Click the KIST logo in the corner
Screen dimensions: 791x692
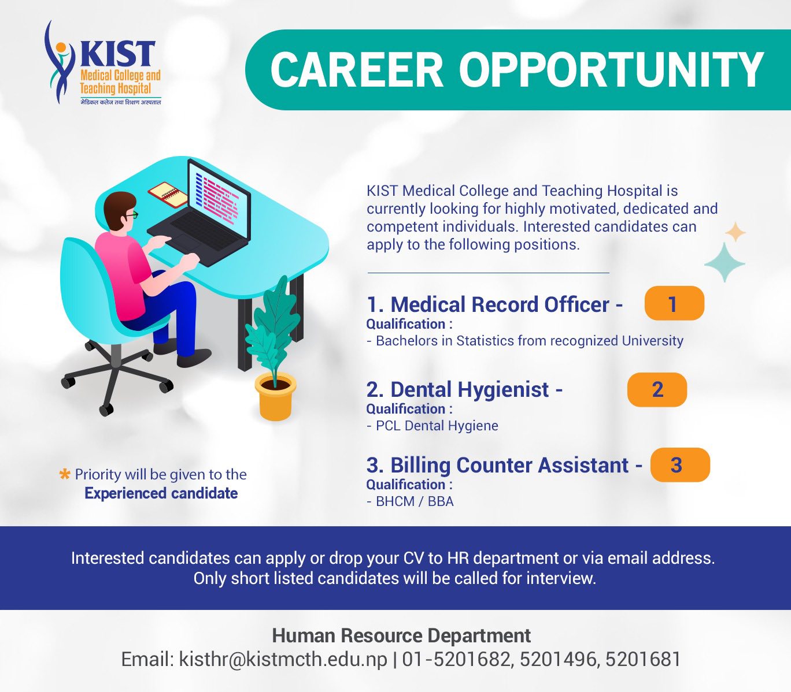coord(103,63)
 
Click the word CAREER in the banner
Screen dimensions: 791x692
coord(357,70)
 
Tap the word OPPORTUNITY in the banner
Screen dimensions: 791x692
coord(611,70)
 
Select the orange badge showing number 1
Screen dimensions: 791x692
coord(674,303)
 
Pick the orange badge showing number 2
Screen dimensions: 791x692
coord(657,389)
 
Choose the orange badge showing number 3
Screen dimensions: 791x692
coord(680,464)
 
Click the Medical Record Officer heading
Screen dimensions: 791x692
coord(495,304)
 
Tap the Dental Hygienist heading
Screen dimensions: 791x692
coord(464,390)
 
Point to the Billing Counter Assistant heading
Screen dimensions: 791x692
coord(505,465)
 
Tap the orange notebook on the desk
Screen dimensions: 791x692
coord(168,193)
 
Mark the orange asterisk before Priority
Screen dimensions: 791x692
coord(65,474)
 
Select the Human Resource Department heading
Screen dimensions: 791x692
coord(401,635)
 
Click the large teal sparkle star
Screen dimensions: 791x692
coord(725,263)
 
